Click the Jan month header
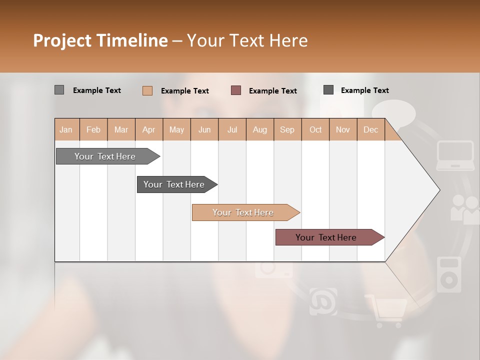66,130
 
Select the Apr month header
148,130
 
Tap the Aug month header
259,130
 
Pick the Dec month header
370,130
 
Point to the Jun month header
204,130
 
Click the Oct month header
315,130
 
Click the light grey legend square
59,90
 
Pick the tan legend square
147,90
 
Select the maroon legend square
236,90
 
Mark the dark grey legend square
328,89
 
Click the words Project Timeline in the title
100,40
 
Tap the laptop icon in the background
455,155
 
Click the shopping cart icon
386,310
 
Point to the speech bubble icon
394,114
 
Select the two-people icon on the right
464,208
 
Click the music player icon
448,274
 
